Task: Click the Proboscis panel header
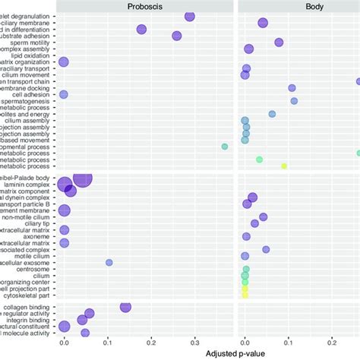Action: (145, 5)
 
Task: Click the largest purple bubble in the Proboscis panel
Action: (82, 178)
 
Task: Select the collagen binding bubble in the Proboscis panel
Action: (125, 307)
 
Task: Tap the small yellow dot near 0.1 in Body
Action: (284, 166)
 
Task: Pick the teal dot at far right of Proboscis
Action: (224, 147)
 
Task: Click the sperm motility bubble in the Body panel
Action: (279, 43)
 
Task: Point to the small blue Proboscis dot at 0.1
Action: (109, 262)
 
